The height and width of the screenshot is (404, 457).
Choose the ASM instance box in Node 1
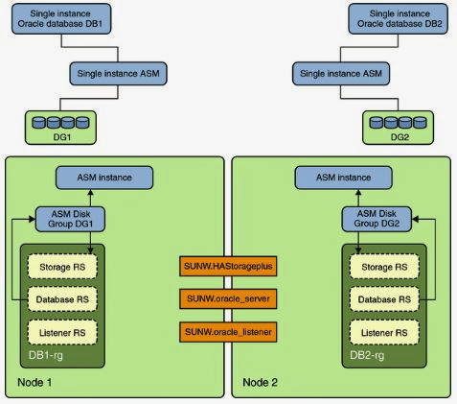[104, 178]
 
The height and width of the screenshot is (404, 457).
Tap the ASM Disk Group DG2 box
[381, 219]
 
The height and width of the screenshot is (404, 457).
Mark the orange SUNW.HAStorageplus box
[228, 267]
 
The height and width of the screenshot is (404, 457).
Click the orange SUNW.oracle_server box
[228, 300]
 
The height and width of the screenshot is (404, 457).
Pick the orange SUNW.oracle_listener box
[228, 332]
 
